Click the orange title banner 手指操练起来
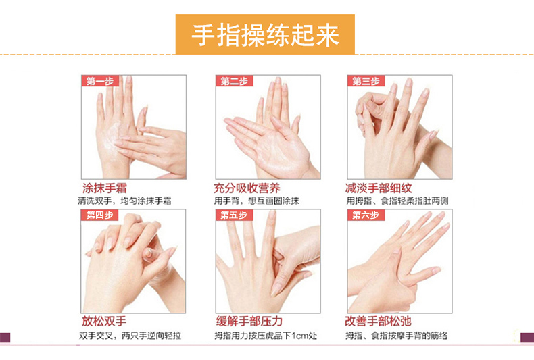(265, 34)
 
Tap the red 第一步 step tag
(100, 81)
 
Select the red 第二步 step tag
(235, 81)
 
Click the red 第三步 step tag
(366, 81)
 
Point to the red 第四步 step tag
(99, 215)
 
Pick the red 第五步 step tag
(235, 215)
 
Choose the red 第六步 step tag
(366, 215)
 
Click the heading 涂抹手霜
(105, 188)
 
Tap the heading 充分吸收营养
(247, 188)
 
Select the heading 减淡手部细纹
(379, 188)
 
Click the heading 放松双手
(104, 321)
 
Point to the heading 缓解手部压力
(249, 321)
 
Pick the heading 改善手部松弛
(378, 321)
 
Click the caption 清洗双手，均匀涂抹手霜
(124, 201)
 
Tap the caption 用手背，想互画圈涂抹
(256, 201)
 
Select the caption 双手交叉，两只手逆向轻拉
(130, 336)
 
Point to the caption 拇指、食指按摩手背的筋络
(396, 336)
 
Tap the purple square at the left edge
(5, 338)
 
